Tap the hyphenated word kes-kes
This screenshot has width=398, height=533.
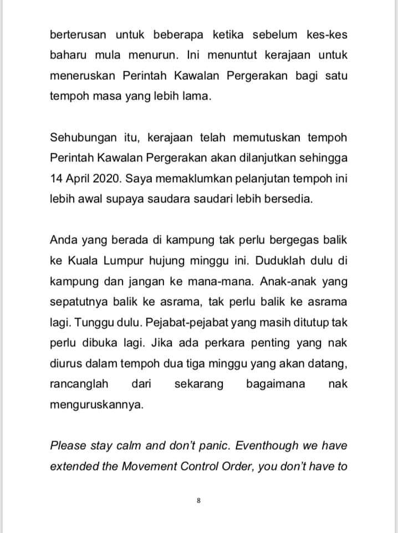click(326, 35)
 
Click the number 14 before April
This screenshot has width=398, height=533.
click(57, 178)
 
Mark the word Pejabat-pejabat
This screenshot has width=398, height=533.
click(170, 322)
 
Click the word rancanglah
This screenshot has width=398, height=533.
click(79, 384)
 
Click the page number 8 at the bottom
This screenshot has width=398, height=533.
click(199, 500)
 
